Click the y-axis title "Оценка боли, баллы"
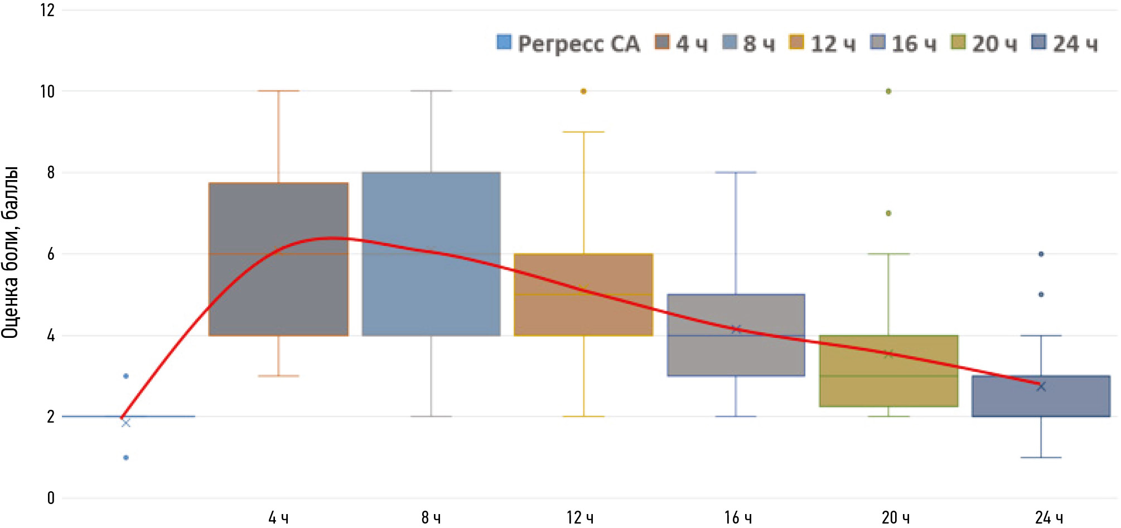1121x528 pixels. pyautogui.click(x=10, y=252)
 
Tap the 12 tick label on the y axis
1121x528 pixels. pyautogui.click(x=47, y=10)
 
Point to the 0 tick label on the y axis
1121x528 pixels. pyautogui.click(x=51, y=498)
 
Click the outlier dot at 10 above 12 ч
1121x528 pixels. pyautogui.click(x=583, y=91)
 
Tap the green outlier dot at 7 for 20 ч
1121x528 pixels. pyautogui.click(x=888, y=213)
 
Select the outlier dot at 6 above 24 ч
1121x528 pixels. pyautogui.click(x=1041, y=254)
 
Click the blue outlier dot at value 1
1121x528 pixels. pyautogui.click(x=126, y=458)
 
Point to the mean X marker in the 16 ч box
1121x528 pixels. pyautogui.click(x=736, y=330)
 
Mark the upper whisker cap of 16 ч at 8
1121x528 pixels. pyautogui.click(x=736, y=172)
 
